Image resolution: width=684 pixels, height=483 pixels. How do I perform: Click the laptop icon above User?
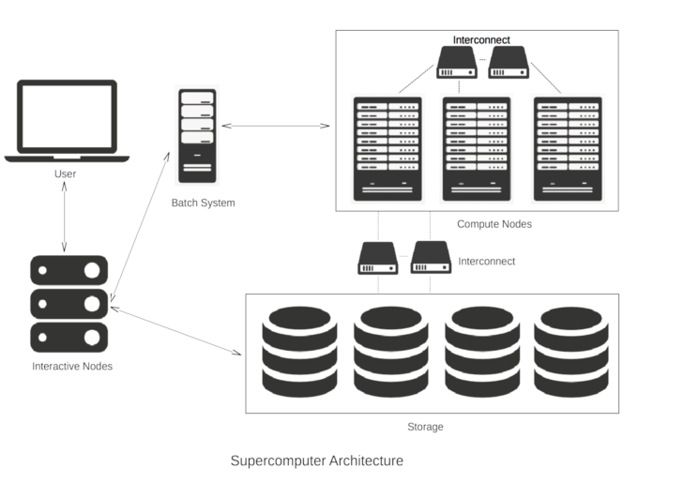(67, 120)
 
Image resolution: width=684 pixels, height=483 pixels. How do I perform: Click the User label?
(65, 174)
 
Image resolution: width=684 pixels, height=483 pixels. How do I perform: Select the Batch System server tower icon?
(197, 135)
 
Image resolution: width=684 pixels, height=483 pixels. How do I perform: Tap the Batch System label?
(203, 203)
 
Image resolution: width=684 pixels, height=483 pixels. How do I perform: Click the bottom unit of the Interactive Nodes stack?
(69, 336)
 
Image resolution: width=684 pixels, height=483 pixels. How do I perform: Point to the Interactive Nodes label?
(72, 366)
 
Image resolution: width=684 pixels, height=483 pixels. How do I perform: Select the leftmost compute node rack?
(387, 148)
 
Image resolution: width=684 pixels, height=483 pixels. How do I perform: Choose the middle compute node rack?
(477, 148)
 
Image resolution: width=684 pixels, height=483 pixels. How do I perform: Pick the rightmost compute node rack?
(567, 148)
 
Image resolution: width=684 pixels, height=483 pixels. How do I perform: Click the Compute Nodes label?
(494, 224)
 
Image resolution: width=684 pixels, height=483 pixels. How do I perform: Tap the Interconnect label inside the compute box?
(481, 40)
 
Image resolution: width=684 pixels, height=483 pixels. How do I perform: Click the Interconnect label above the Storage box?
(486, 262)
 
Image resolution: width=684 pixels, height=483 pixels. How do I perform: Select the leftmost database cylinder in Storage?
(299, 351)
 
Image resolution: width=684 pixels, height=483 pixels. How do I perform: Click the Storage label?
(425, 427)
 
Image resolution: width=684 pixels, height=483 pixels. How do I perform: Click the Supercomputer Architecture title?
(317, 460)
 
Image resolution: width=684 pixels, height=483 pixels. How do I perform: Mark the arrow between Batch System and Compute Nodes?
(274, 125)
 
